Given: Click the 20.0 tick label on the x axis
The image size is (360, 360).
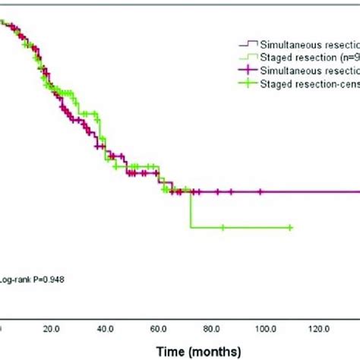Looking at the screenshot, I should (x=52, y=330).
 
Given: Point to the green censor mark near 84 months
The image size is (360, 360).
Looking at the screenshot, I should (x=223, y=227).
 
